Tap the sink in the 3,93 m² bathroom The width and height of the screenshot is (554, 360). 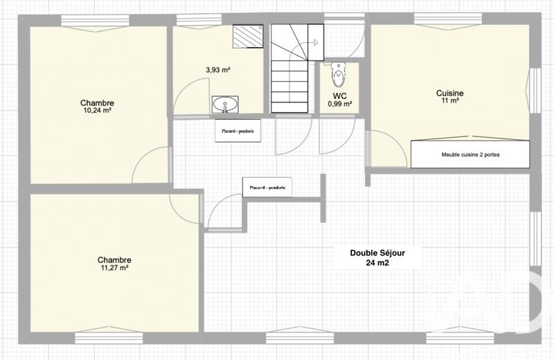224,105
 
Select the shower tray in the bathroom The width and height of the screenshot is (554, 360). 247,37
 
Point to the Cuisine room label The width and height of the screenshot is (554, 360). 449,93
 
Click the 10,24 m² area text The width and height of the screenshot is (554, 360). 97,110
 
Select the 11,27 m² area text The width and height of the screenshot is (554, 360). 114,267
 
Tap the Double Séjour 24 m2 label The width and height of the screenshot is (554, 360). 377,258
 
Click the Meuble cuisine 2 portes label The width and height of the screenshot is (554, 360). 470,155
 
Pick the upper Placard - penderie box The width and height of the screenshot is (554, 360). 238,130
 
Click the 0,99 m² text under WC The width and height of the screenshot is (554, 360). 339,104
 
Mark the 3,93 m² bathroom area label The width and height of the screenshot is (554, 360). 218,70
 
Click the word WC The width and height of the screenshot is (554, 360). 339,96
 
